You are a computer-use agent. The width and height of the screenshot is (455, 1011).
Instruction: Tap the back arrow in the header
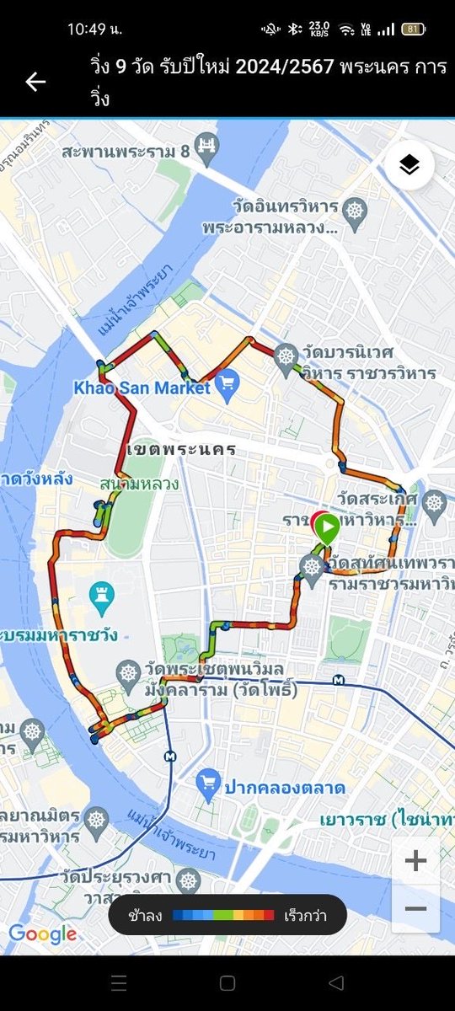[x=35, y=82]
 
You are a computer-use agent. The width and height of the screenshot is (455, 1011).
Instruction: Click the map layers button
[x=409, y=166]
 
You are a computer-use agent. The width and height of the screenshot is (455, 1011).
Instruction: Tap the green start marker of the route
[x=328, y=529]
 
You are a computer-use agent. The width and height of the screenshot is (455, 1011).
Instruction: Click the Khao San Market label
[x=141, y=388]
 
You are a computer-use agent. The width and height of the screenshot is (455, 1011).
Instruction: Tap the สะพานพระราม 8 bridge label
[x=125, y=152]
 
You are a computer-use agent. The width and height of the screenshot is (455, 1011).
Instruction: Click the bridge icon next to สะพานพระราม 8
[x=205, y=152]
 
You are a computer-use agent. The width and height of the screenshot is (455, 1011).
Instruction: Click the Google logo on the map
[x=42, y=933]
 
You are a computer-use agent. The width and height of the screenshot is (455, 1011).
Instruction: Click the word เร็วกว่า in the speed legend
[x=305, y=914]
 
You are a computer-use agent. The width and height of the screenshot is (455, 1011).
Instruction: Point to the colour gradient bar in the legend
[x=223, y=914]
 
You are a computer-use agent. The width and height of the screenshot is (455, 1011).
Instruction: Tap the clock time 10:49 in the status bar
[x=94, y=29]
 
